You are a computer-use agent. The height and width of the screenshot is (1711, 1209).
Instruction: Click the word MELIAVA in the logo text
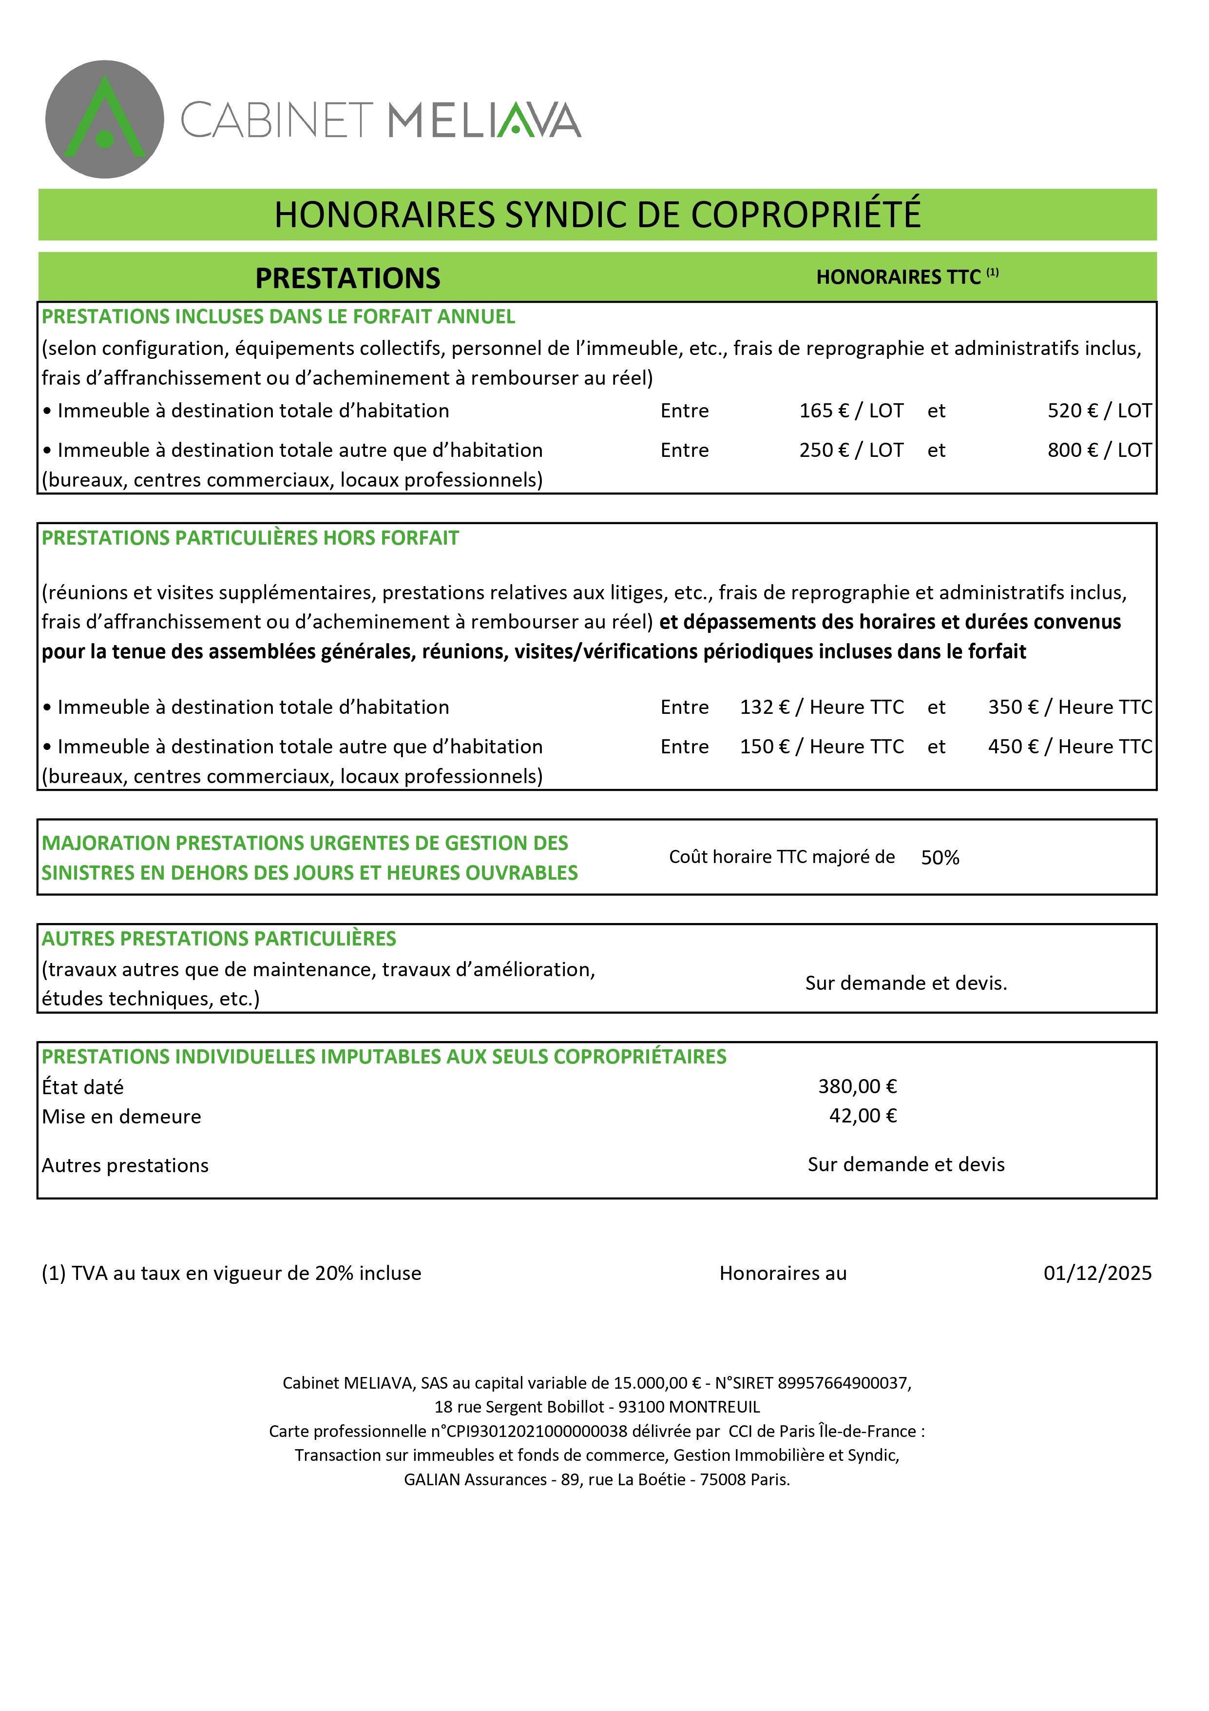tap(484, 121)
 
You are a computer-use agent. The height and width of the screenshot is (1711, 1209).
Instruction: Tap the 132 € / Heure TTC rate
tap(821, 707)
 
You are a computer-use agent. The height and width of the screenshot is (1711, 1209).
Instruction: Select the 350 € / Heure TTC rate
tap(1069, 707)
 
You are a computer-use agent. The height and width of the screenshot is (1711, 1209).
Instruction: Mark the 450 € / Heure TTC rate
tap(1069, 747)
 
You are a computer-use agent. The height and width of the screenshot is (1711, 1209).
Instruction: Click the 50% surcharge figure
tap(940, 858)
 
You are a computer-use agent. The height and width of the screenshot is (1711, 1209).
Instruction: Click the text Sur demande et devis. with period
tap(906, 983)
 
